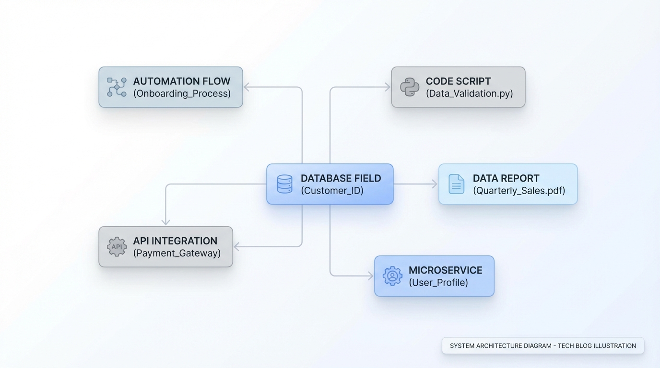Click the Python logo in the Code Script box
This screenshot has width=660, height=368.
pos(410,87)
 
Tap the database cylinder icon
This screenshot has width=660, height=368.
pos(284,184)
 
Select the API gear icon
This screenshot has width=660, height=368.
pos(117,247)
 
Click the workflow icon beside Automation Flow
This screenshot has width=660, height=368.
pos(117,87)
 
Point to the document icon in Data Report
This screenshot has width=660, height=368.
pos(456,184)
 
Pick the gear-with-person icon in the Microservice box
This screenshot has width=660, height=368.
pos(392,276)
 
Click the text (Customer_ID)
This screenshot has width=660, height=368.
pos(332,191)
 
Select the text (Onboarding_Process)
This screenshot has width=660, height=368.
pos(182,93)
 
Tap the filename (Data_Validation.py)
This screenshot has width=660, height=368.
pos(469,93)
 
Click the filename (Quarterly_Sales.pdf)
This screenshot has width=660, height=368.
pos(519,191)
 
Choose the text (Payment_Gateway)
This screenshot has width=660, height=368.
pos(177,253)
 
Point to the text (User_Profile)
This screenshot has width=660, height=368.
pos(438,283)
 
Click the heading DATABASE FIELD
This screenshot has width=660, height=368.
pos(341,178)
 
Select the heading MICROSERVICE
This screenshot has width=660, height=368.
pos(445,270)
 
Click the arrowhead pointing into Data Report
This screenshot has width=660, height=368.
pos(435,184)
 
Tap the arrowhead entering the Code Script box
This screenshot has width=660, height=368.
pos(388,87)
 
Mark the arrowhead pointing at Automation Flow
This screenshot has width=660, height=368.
pos(247,87)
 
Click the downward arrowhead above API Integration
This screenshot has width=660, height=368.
pos(166,222)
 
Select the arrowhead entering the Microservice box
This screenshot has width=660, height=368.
pos(370,276)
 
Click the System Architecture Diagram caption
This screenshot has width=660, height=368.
pos(542,345)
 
